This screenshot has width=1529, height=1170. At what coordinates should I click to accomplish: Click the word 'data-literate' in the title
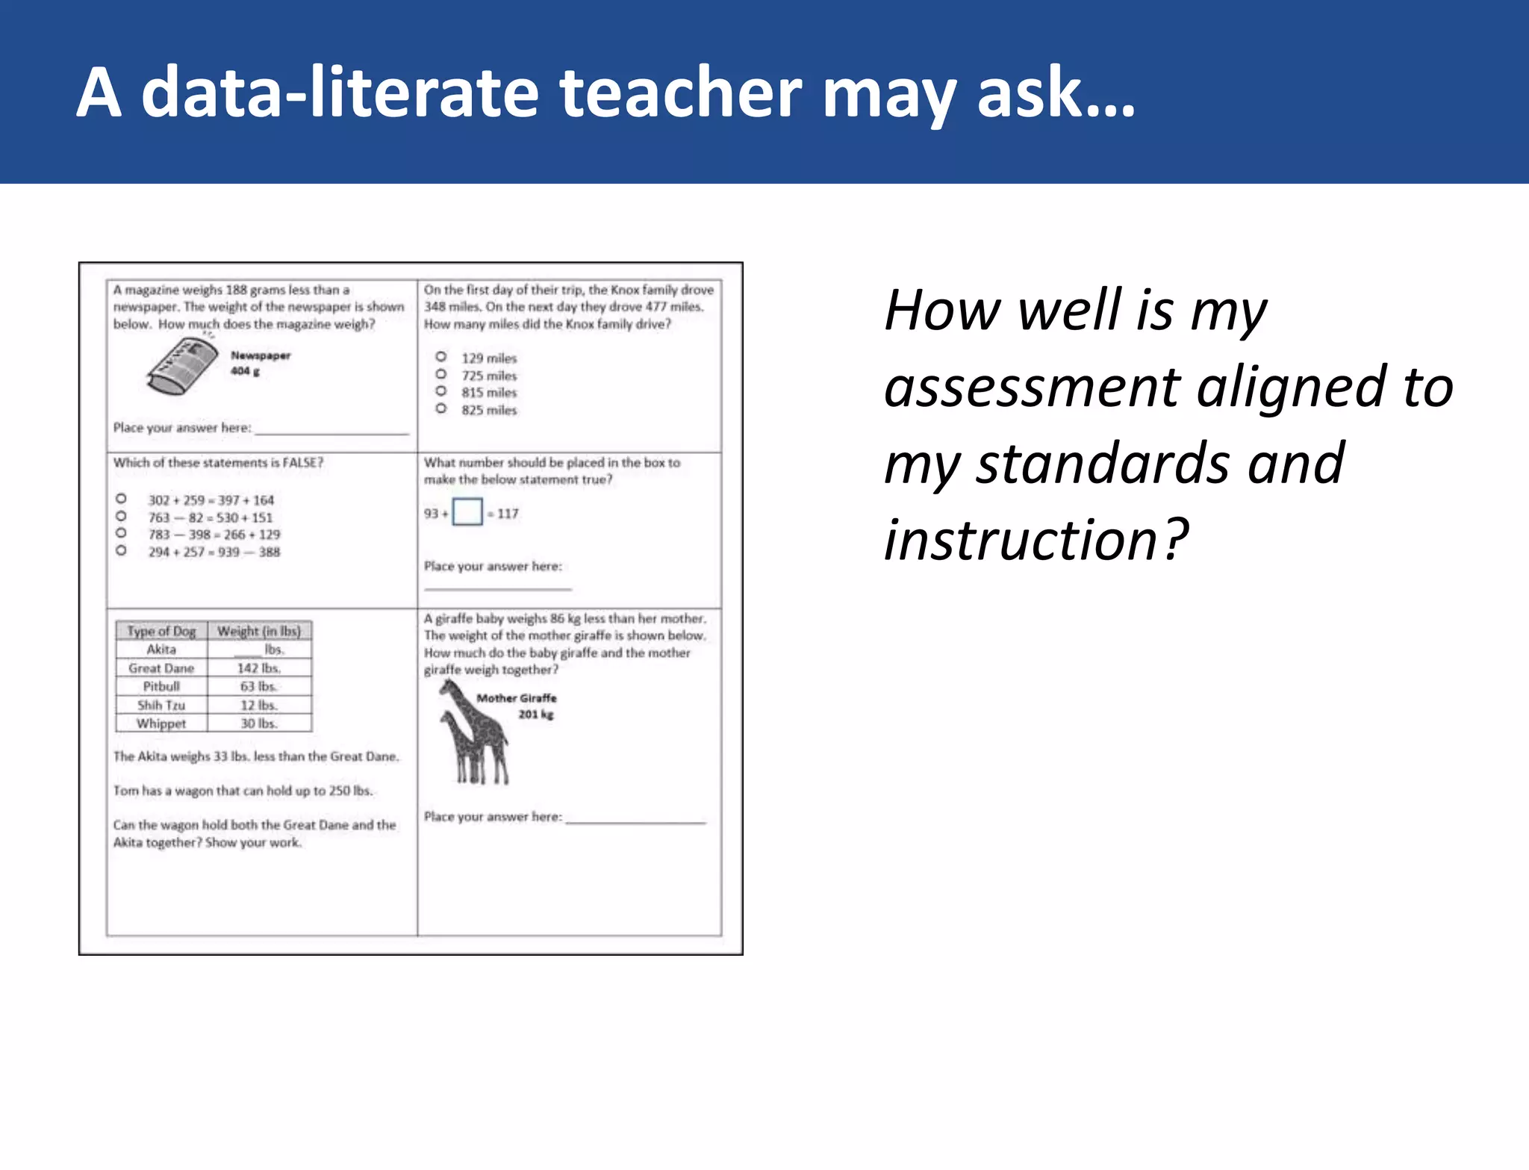[339, 93]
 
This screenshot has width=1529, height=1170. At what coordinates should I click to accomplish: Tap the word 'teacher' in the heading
[680, 93]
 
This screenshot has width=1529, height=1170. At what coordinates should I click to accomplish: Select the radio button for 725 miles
[441, 374]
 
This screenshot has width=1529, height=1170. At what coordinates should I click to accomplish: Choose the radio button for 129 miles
[441, 357]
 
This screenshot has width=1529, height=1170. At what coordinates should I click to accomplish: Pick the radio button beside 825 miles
[441, 408]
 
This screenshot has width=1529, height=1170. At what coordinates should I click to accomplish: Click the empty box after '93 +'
[467, 512]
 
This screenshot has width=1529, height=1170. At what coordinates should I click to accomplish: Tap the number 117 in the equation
[508, 514]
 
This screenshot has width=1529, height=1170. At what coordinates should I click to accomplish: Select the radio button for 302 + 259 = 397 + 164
[121, 499]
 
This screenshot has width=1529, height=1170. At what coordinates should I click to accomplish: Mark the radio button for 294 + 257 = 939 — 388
[121, 551]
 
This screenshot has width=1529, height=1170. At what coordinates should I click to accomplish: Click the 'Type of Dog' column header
[161, 631]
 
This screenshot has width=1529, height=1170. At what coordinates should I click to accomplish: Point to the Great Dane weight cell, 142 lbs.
[258, 668]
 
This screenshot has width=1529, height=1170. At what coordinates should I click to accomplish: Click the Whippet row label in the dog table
[161, 724]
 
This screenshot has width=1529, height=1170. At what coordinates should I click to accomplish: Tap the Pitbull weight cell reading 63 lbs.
[258, 686]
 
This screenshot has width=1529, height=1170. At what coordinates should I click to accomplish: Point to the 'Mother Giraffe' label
[517, 698]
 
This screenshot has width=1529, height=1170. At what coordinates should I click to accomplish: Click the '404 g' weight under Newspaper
[245, 371]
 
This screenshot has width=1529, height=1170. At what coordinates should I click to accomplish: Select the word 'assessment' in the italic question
[1030, 388]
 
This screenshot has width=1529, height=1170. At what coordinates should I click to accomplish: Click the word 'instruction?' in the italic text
[1036, 540]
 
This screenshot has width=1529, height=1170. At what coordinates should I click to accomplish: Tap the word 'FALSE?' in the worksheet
[302, 463]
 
